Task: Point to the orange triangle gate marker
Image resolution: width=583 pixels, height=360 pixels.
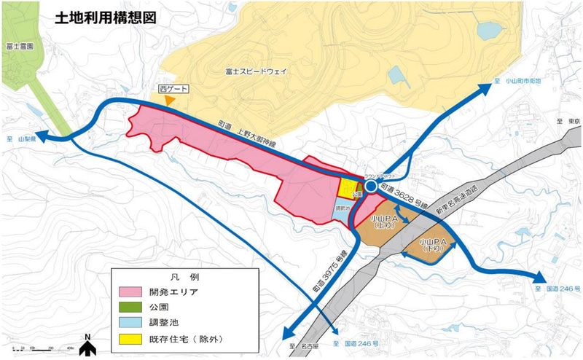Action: pos(170,100)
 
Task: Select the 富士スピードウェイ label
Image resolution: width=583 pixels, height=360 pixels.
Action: pos(256,71)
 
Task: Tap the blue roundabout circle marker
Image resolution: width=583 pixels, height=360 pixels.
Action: pos(371,187)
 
